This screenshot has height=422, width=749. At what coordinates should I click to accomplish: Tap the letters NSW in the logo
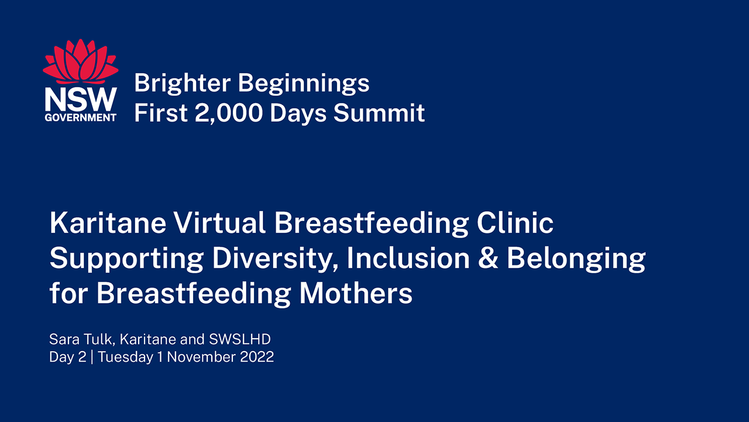[81, 100]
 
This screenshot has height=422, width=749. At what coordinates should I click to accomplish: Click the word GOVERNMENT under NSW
[81, 117]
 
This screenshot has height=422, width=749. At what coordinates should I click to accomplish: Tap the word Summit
[379, 113]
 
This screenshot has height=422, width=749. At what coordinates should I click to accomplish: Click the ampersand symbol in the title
[488, 258]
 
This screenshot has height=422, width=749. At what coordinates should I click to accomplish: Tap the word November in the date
[202, 357]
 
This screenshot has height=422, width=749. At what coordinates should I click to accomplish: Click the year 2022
[257, 357]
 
